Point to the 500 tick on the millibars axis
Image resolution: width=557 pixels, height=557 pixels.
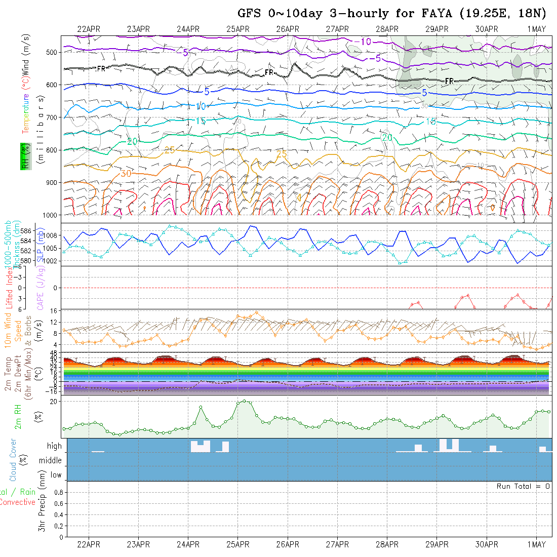53,52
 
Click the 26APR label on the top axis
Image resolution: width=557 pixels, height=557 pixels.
288,29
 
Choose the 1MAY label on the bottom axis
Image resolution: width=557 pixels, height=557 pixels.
536,545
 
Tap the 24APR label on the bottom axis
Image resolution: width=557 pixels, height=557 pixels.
188,545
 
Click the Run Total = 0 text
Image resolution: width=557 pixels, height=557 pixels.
523,486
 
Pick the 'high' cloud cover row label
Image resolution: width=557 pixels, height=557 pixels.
54,446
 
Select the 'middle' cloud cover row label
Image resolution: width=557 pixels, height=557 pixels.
51,460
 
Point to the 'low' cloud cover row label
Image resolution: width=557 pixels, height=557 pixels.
56,475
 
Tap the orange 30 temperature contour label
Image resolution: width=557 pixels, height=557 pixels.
126,173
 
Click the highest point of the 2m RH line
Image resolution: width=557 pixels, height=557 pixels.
245,401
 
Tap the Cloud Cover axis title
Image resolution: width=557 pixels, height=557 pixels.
13,460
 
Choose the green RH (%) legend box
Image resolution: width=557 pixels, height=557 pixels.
24,156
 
